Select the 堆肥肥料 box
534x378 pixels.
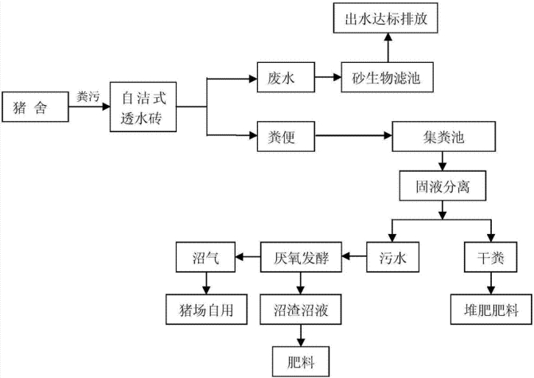coord(487,306)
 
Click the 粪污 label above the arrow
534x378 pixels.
coord(88,97)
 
